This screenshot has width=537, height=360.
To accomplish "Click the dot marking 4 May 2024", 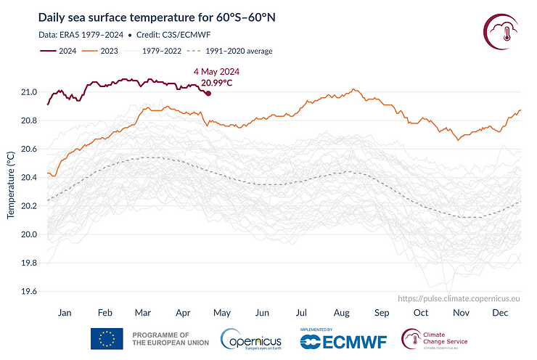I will (208, 93).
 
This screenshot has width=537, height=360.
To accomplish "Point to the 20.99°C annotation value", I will (216, 83).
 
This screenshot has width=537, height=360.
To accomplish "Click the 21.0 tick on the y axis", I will (28, 92).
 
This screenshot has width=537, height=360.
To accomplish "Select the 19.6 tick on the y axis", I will (28, 292).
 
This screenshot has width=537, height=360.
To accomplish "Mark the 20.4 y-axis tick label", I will (28, 178).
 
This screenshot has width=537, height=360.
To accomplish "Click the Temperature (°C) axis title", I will (11, 186).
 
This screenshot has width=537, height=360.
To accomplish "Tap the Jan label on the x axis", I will (64, 312).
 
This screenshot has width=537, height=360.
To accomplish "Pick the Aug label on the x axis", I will (340, 312).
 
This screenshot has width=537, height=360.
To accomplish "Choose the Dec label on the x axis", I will (499, 312).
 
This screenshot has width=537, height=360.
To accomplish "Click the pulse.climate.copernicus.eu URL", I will (460, 298).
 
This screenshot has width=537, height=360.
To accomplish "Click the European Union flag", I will (106, 339).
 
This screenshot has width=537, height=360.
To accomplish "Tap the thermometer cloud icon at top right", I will (500, 33).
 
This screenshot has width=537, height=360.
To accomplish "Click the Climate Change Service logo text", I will (446, 338).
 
